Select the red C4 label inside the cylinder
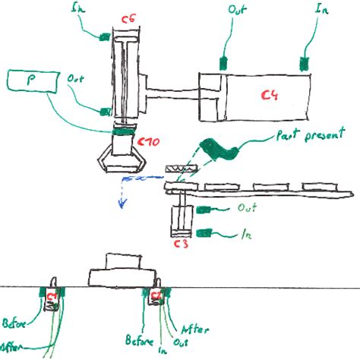point(269,95)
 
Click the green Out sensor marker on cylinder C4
point(223,62)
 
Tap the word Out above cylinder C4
point(236,11)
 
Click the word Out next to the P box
point(76,78)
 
